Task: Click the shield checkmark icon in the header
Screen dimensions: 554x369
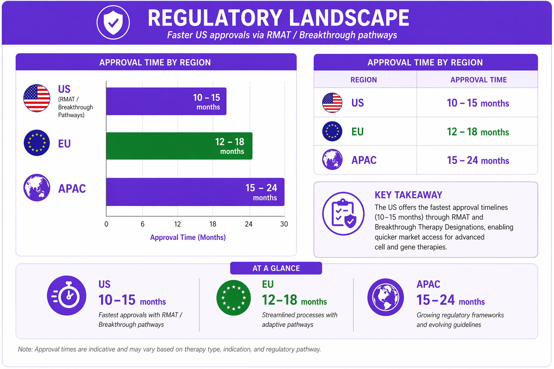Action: click(113, 22)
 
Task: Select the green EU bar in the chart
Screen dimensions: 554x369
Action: click(179, 146)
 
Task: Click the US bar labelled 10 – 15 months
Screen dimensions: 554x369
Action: click(166, 101)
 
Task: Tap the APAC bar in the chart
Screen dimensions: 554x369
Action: click(195, 192)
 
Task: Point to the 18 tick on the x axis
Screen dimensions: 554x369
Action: click(213, 224)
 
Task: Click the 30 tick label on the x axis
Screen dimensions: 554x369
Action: click(284, 224)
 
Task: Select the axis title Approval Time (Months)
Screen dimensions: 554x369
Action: click(188, 237)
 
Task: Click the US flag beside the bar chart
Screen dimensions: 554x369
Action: click(37, 98)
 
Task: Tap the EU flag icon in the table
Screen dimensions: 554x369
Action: click(332, 131)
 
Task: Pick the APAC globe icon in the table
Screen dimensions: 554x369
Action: click(332, 159)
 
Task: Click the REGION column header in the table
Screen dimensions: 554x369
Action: click(364, 80)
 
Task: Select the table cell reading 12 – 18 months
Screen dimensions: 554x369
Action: click(478, 132)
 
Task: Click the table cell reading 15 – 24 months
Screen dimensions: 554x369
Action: click(478, 160)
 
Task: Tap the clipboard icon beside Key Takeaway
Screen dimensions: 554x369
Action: click(343, 214)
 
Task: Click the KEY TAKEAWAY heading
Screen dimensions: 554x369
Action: click(408, 195)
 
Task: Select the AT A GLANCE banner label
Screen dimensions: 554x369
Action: click(276, 268)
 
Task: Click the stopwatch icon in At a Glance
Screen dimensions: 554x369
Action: click(66, 295)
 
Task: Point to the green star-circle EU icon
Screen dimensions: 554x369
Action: click(233, 298)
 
